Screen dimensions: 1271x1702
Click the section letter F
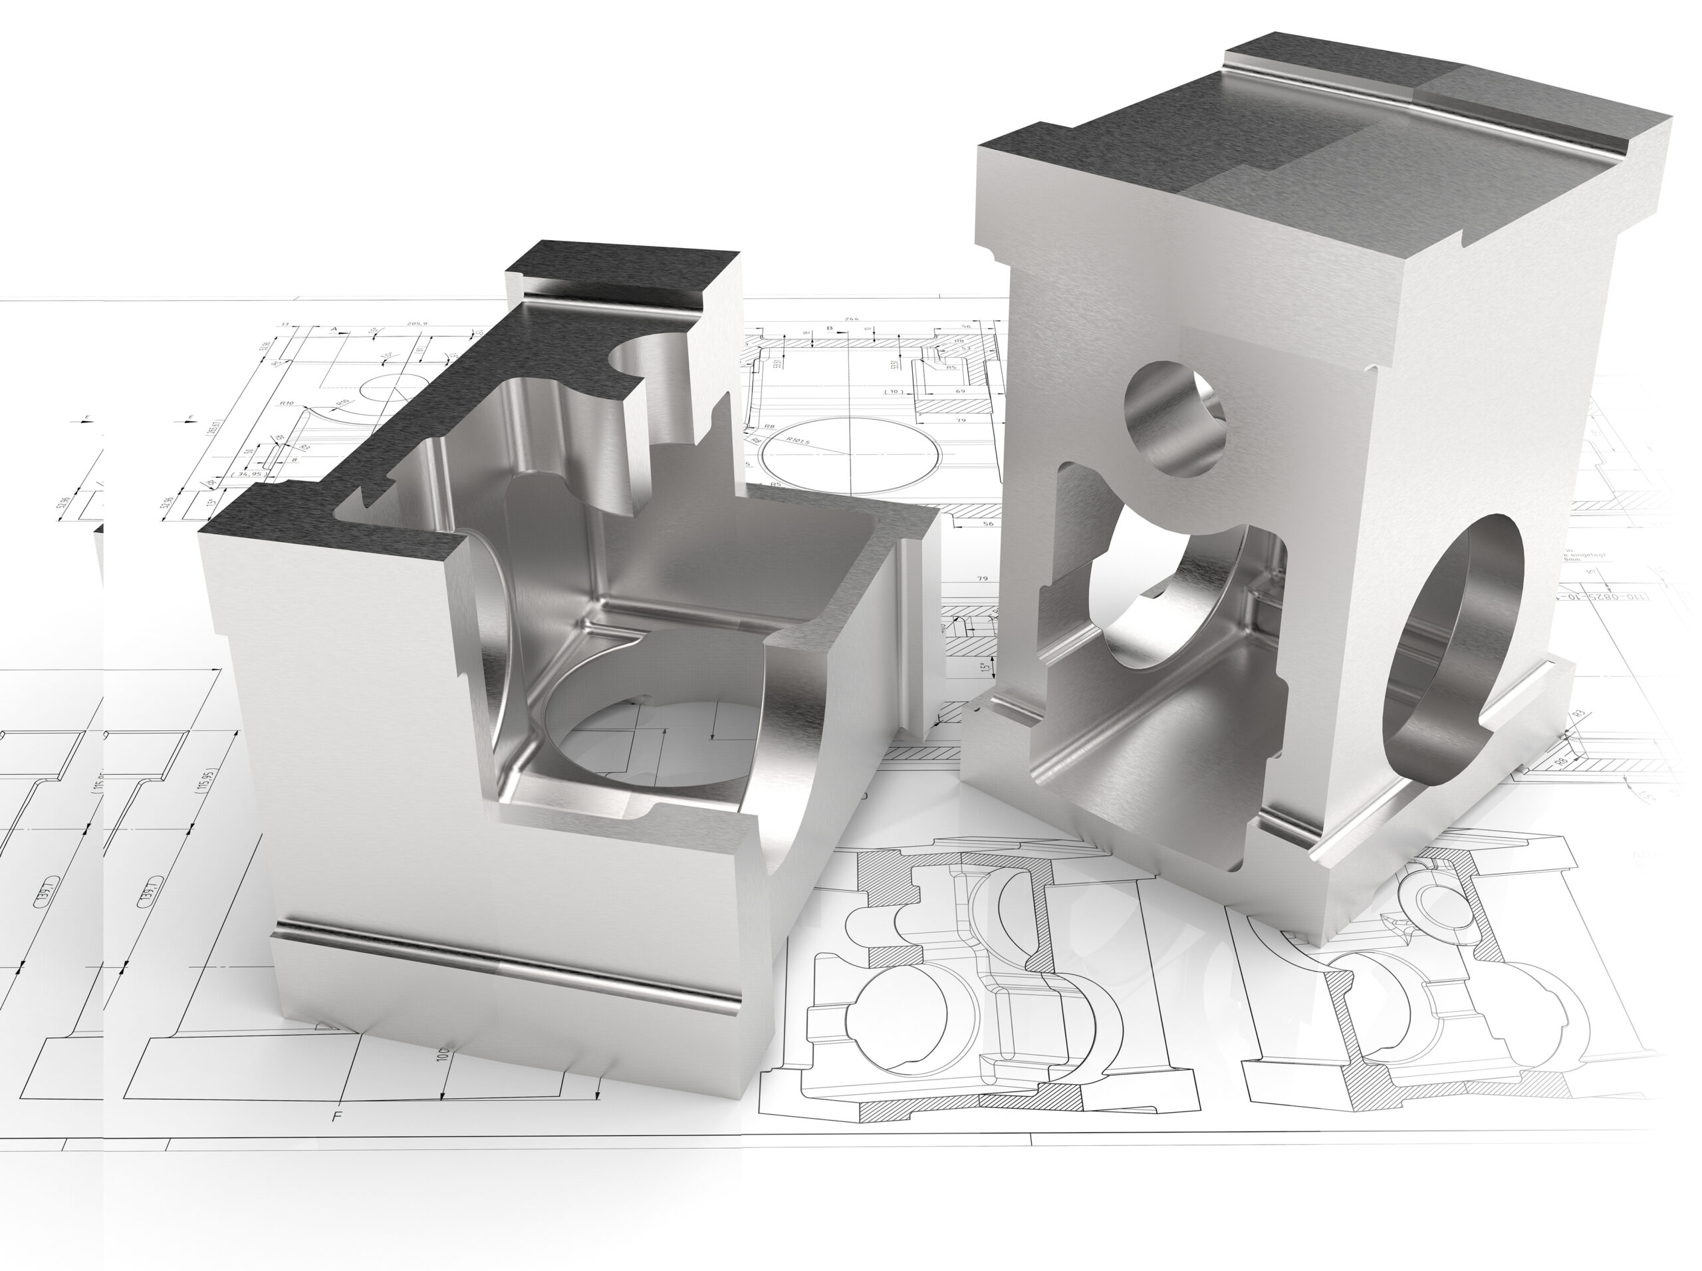336,1116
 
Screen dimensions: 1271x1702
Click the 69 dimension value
961,392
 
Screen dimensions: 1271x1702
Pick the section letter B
830,329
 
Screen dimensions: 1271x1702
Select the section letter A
334,330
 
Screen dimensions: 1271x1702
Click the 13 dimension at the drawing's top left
285,325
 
